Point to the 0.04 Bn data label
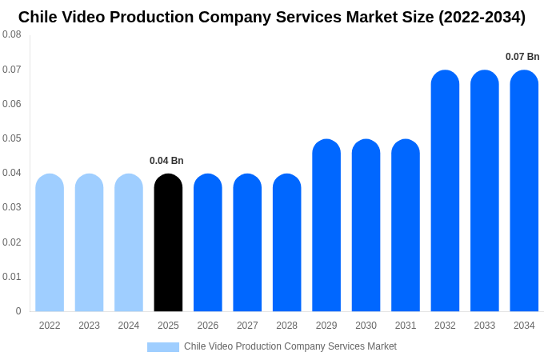(166, 161)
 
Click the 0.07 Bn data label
(522, 57)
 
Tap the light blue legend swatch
(163, 347)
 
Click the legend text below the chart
(290, 346)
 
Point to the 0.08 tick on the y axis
(12, 34)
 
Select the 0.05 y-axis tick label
(12, 138)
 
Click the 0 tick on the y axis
(18, 311)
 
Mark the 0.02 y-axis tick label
(12, 242)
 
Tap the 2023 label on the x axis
(89, 326)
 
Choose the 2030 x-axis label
(366, 326)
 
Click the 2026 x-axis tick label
(208, 326)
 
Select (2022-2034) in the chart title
(482, 17)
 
